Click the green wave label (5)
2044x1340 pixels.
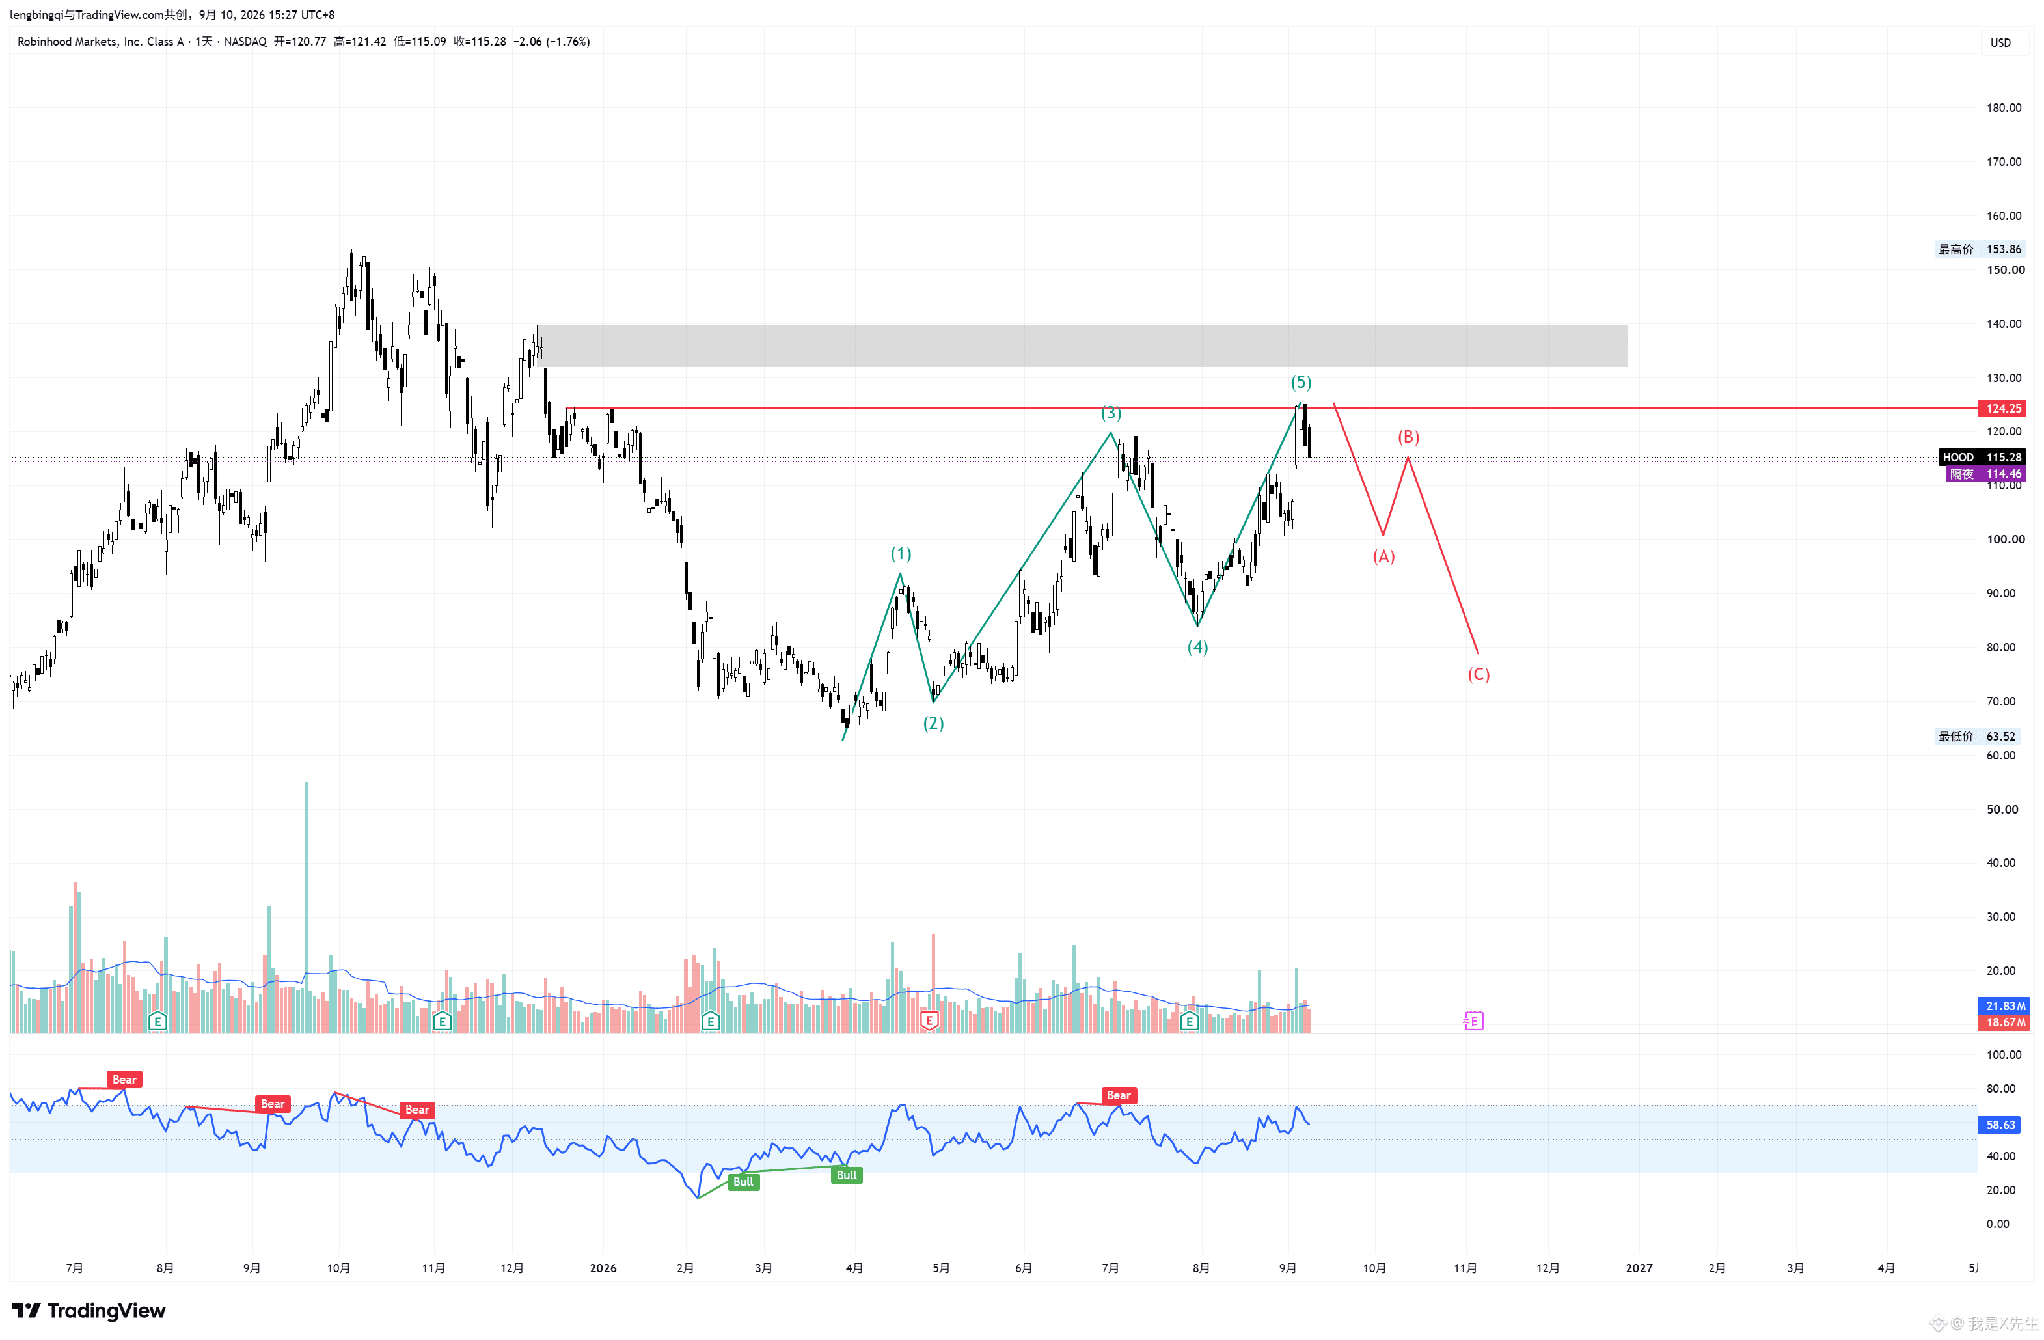(1300, 382)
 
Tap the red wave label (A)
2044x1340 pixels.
(1383, 556)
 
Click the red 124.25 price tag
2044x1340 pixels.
(2003, 408)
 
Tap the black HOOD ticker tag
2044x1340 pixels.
(1957, 457)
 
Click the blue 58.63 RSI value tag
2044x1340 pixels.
(2000, 1125)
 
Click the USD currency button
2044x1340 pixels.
(2000, 43)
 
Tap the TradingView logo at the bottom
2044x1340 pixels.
(89, 1310)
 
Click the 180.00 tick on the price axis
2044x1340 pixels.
(2003, 107)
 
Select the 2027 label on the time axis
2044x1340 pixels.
(1638, 1268)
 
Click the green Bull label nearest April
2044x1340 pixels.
(846, 1175)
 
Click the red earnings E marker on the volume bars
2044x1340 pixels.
(929, 1020)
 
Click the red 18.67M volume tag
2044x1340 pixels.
(2004, 1022)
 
